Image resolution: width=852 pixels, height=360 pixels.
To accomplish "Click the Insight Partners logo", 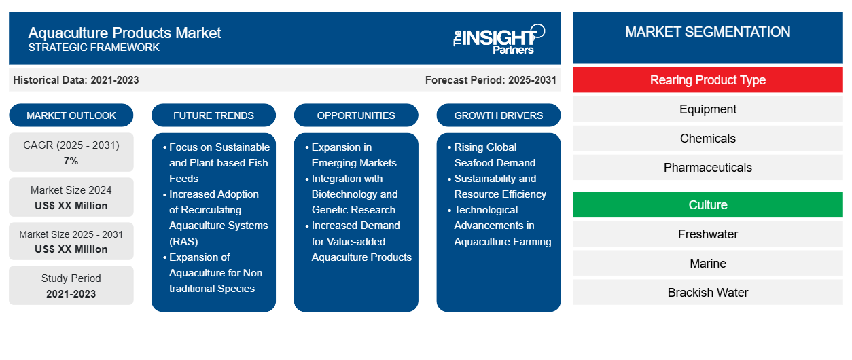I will click(499, 38).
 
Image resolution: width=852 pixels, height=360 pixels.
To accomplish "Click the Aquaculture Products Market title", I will click(124, 33).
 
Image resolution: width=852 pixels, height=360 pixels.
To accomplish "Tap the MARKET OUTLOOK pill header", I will click(71, 115).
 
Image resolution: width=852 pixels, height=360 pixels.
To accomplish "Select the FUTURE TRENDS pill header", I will click(213, 115).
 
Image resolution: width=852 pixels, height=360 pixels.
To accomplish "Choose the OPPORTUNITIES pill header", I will click(356, 115).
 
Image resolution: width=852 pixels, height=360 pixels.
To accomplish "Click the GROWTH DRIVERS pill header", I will click(499, 115).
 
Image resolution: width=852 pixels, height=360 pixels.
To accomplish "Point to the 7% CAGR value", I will click(71, 161).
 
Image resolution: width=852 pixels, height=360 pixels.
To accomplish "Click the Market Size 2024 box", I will click(71, 198).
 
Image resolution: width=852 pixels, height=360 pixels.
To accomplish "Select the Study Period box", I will click(71, 286).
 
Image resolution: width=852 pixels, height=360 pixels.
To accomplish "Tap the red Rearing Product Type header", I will click(707, 80).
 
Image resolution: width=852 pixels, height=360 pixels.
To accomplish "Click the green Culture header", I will click(707, 205).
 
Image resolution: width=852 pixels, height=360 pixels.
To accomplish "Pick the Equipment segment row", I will click(707, 109).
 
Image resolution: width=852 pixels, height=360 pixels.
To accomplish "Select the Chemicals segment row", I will click(707, 139).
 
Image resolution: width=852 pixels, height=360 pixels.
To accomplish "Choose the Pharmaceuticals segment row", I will click(707, 168).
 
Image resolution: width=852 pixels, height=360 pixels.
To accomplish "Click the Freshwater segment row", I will click(707, 234).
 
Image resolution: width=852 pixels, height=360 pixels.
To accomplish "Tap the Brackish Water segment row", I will click(707, 293).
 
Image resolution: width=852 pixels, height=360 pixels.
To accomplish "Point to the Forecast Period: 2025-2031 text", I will click(491, 80).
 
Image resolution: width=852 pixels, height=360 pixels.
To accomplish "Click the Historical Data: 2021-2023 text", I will click(76, 80).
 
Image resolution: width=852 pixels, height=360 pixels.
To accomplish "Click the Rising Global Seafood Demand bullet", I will click(494, 155).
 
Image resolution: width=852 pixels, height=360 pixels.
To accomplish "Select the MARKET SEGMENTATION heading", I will click(707, 32).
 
